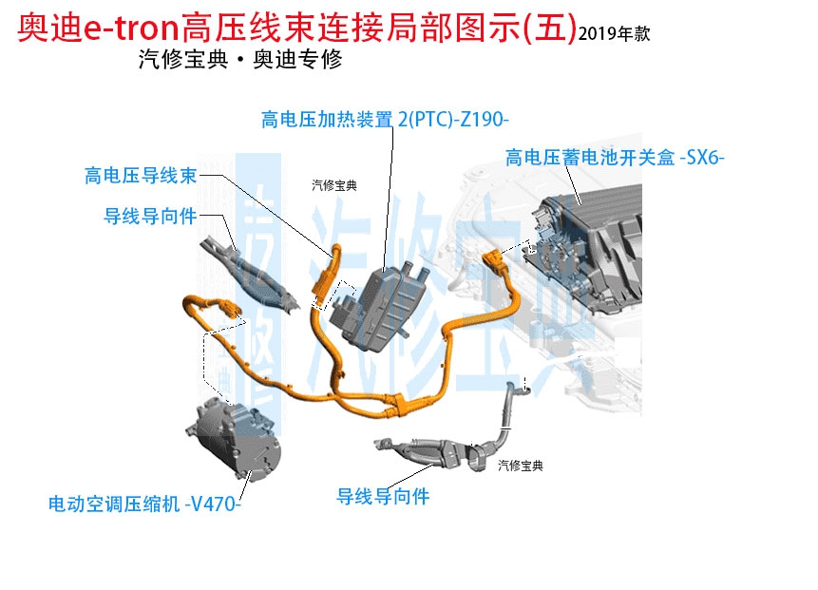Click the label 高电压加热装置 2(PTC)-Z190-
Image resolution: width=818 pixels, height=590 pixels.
coord(385,119)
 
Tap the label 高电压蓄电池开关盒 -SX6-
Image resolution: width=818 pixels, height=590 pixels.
coord(615,157)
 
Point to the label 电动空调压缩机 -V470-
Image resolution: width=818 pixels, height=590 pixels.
coord(144,503)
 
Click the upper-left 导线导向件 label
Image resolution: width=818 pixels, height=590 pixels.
coord(150,217)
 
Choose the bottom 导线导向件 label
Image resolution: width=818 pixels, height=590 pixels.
coord(384,496)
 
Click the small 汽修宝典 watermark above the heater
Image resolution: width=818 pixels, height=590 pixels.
coord(333,186)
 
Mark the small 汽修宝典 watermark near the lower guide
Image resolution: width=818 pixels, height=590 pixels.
coord(521,466)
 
